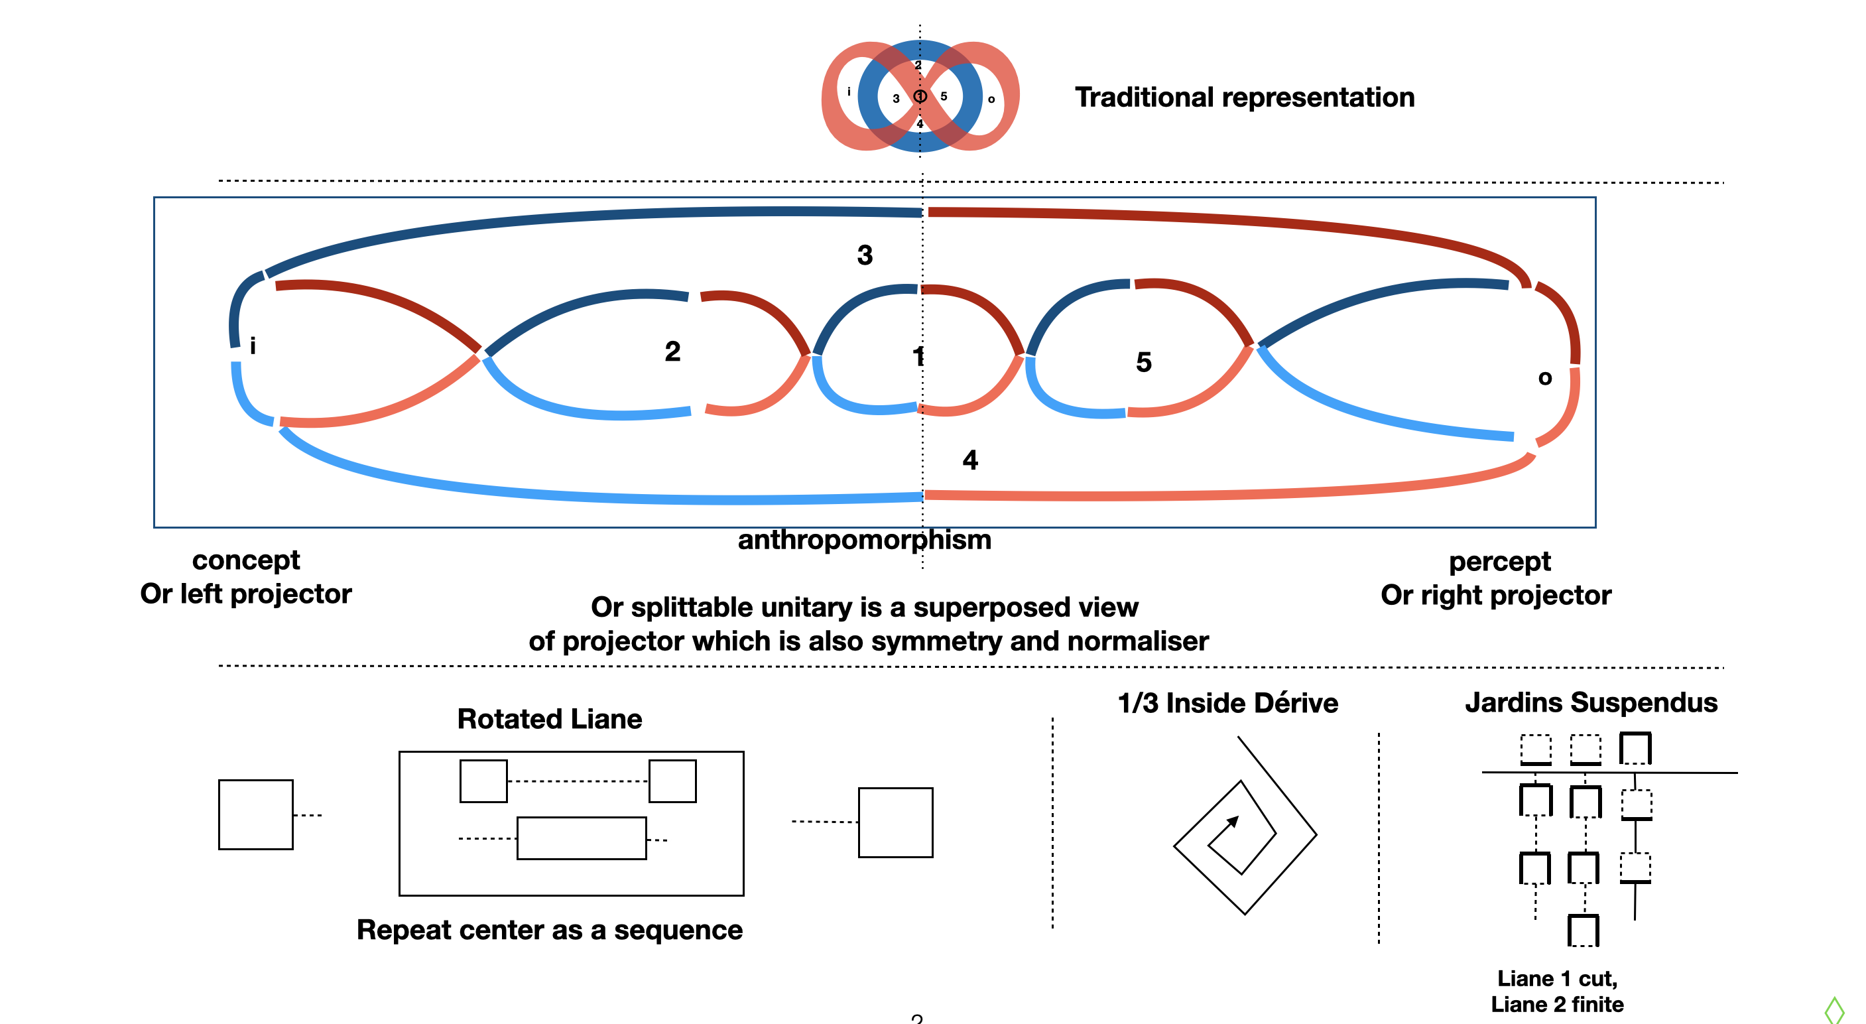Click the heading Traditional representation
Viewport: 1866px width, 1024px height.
(x=1244, y=97)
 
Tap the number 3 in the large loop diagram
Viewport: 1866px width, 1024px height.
(x=864, y=255)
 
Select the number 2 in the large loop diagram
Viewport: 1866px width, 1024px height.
(x=672, y=352)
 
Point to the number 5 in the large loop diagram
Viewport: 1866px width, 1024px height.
(x=1143, y=361)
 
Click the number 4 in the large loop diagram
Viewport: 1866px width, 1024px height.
(x=970, y=460)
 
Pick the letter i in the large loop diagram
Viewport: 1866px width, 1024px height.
(x=252, y=346)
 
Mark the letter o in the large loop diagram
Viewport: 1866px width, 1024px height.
(x=1544, y=377)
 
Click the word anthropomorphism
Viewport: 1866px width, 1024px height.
(x=864, y=540)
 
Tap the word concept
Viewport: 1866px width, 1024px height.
(x=245, y=560)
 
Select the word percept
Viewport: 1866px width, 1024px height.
(x=1499, y=561)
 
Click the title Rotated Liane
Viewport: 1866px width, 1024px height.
(x=549, y=718)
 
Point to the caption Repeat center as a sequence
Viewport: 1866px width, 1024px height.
(x=549, y=929)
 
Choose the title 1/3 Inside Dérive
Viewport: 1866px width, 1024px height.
(x=1227, y=702)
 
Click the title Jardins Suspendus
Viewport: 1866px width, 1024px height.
(x=1591, y=702)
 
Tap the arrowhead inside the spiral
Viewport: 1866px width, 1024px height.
(x=1233, y=821)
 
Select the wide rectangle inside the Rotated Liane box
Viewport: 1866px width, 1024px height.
(x=581, y=838)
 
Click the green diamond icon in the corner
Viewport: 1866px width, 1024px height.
(x=1834, y=1009)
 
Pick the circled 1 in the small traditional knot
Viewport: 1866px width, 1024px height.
(x=920, y=96)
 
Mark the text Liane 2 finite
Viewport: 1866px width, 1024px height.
(x=1557, y=1003)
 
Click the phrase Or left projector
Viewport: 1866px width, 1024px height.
(x=245, y=594)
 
